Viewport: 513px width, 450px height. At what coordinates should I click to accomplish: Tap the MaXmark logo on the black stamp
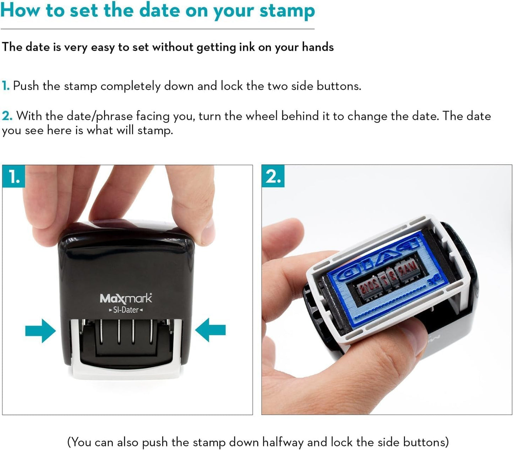[126, 299]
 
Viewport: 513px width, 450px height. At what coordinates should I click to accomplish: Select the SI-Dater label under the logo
[126, 310]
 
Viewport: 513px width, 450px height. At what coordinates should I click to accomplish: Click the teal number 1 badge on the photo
[14, 176]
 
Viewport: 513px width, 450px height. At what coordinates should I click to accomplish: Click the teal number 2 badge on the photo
[273, 176]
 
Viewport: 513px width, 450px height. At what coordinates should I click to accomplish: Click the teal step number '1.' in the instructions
[6, 86]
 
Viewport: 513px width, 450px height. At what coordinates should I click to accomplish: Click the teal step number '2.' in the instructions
[7, 116]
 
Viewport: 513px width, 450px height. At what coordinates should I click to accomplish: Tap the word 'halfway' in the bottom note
[283, 442]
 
